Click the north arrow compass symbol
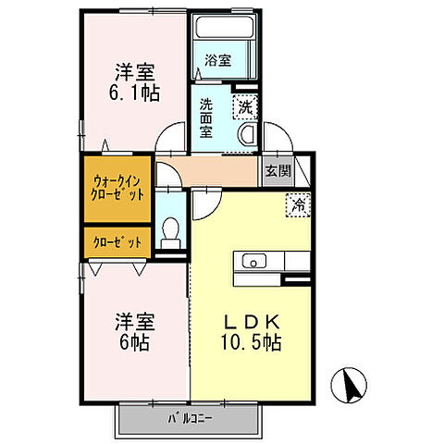(349, 386)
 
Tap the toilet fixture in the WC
(170, 233)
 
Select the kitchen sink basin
(254, 262)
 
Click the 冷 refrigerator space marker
(298, 205)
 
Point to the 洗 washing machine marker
(246, 107)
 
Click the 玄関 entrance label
(278, 171)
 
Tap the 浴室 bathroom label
(218, 60)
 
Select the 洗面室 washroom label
(205, 117)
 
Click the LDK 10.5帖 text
(251, 332)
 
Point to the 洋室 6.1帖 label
(135, 82)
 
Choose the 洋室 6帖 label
(135, 332)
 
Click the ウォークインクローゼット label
(117, 188)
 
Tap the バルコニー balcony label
(190, 418)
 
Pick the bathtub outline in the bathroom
(225, 27)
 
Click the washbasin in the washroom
(248, 135)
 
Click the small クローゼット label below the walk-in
(117, 242)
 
